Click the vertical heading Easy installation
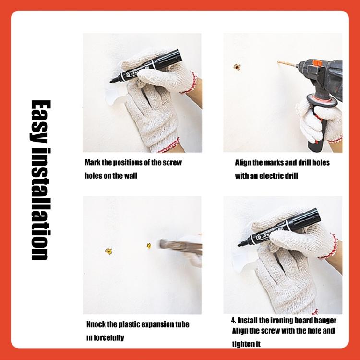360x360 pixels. [40, 180]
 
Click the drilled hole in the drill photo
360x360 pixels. [237, 67]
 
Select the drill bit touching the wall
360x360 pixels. [287, 64]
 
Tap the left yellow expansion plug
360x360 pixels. [108, 251]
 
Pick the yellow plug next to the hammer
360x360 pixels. [149, 246]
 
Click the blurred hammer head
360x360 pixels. [164, 244]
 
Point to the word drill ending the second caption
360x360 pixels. [291, 176]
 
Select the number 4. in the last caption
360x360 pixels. [234, 320]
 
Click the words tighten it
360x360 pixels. [246, 344]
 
